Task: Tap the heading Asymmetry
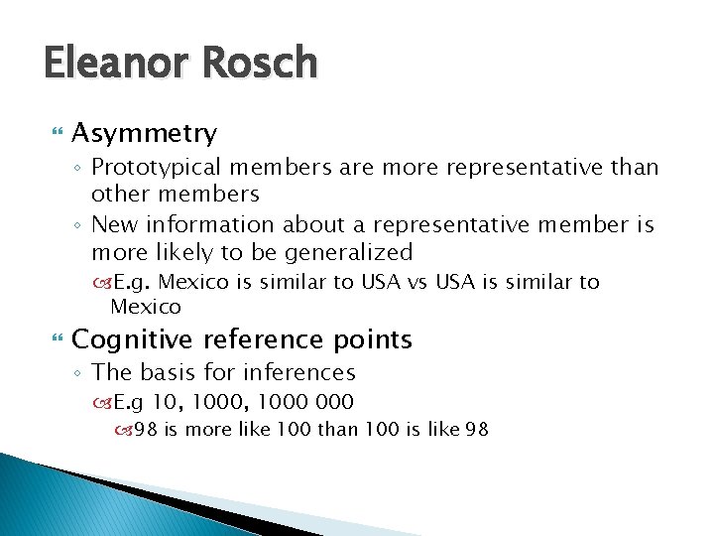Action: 145,133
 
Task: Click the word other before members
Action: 122,194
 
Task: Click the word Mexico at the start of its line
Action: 146,307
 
